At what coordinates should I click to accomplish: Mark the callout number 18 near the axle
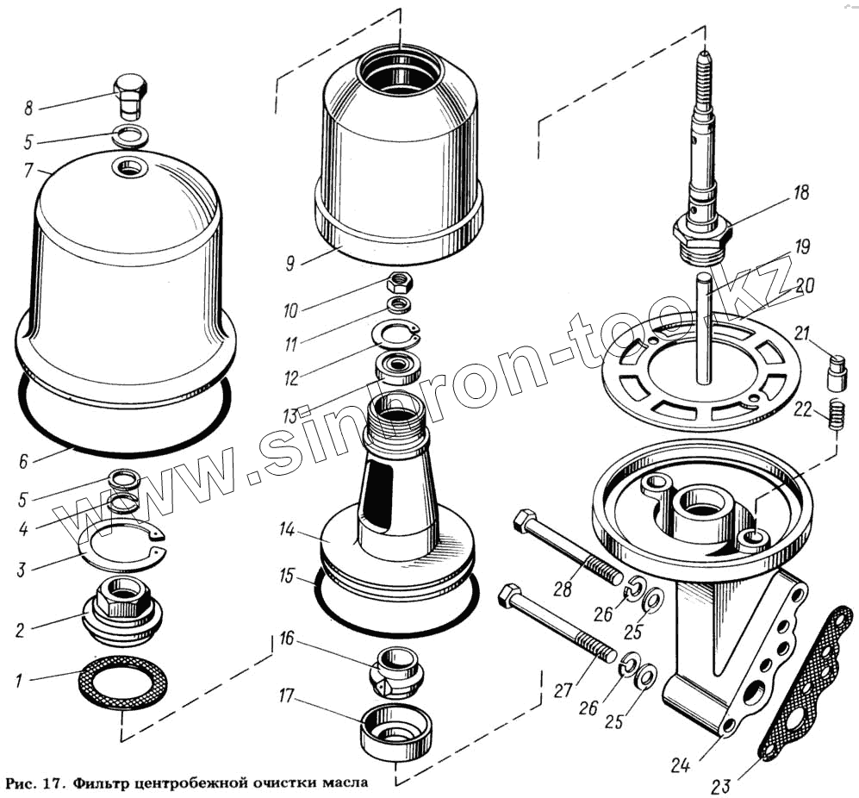coord(801,193)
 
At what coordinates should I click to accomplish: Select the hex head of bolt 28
coord(525,522)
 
